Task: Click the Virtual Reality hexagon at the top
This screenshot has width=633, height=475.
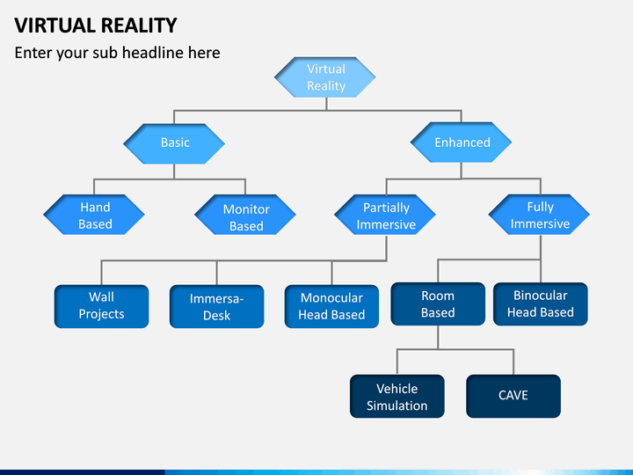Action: tap(325, 77)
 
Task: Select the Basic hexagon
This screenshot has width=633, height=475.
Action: tap(174, 143)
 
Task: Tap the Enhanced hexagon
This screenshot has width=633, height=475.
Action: tap(461, 142)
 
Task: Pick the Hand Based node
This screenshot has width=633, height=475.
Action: tap(94, 215)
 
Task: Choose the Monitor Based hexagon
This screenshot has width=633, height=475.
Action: tap(245, 215)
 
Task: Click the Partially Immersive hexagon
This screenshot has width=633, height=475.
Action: tap(385, 215)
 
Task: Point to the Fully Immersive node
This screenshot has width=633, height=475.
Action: tap(539, 215)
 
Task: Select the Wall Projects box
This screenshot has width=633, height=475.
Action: tap(101, 306)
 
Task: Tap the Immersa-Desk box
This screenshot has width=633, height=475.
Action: tap(217, 306)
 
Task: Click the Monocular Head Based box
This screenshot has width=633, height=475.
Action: tap(331, 306)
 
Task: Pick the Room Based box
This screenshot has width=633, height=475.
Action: tap(438, 303)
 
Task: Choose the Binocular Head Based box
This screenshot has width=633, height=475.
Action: tap(541, 303)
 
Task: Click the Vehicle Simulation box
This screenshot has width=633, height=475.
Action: tap(397, 396)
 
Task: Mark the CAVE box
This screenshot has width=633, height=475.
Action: tap(513, 396)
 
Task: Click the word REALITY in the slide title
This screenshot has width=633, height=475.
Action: tap(139, 26)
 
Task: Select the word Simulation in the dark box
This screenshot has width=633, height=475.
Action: tap(397, 406)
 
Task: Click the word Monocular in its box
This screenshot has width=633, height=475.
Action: tap(331, 297)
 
